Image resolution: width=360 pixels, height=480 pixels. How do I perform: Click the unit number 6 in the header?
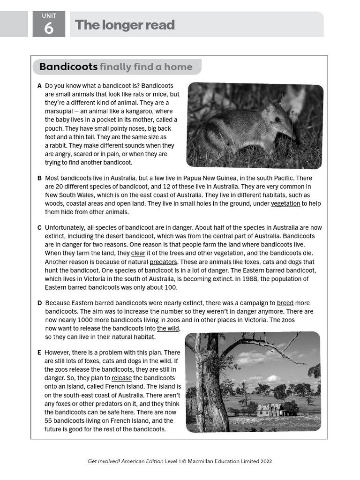49,28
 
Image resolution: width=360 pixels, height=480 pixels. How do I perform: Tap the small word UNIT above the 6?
49,16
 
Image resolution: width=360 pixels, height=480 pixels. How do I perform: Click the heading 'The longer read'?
125,25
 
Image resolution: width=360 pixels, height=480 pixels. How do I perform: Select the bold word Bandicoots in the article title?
68,67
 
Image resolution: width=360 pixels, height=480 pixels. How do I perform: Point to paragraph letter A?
39,86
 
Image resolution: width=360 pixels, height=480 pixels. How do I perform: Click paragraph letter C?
39,228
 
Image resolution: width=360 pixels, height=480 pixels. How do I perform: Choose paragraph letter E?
39,352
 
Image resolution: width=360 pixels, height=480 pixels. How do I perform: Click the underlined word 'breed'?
285,303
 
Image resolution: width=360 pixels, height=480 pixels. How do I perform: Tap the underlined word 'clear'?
138,254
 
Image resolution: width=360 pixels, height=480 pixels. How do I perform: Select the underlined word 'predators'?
163,262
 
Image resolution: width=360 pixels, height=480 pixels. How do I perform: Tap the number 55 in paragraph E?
49,420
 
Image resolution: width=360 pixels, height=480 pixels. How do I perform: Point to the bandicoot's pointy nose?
294,137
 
